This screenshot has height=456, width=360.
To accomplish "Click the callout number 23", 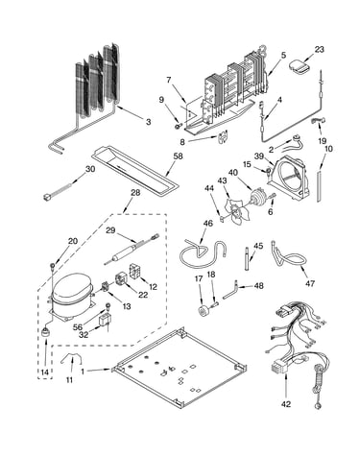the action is coord(319,49).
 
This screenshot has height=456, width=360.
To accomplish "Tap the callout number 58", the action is coord(178,156).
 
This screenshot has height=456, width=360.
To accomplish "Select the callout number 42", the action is coord(286,404).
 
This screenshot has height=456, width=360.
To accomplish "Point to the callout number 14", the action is coord(45,372).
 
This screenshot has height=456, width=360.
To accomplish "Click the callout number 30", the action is coord(90,169).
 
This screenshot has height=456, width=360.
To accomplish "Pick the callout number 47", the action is coord(310,283).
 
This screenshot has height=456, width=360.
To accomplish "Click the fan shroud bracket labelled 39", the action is coord(289,179).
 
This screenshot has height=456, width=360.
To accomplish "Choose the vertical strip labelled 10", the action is coord(319,186).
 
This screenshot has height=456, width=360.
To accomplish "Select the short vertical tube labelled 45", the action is coord(247,258).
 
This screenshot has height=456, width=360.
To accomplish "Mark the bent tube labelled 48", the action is coord(231,292).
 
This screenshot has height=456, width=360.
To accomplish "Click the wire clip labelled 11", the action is coord(71,358).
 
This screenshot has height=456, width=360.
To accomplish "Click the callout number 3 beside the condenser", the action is coord(148,122).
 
